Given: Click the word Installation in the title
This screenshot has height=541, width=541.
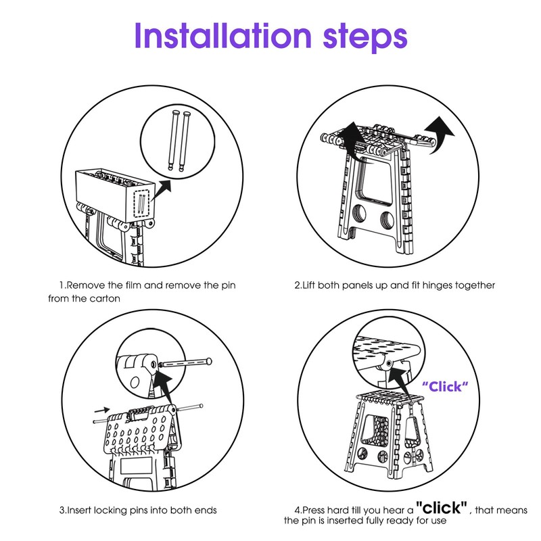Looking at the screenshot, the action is [x=223, y=36].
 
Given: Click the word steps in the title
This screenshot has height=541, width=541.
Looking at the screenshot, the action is [x=365, y=38].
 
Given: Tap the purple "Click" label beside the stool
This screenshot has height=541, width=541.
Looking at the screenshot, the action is [x=445, y=386].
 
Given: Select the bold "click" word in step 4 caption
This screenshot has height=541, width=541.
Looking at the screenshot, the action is [x=442, y=507].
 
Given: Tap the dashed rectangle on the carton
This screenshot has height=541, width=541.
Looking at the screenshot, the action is [x=141, y=203].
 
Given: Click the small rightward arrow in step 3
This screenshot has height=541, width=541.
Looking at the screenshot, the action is [x=102, y=410].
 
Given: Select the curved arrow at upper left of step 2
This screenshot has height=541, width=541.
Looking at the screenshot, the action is [x=352, y=138].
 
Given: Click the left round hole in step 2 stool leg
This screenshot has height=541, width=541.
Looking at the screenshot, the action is [x=360, y=214].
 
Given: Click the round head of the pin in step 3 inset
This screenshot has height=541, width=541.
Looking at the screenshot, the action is [x=208, y=361].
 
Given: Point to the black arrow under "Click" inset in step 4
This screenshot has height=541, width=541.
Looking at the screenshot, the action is [x=399, y=382].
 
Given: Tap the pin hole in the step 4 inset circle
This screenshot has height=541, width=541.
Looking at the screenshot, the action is [x=389, y=363].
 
